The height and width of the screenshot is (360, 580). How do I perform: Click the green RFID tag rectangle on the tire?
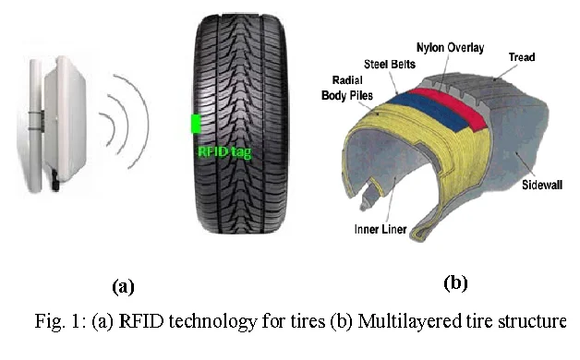pyautogui.click(x=196, y=124)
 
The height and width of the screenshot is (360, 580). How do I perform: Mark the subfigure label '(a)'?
pyautogui.click(x=122, y=286)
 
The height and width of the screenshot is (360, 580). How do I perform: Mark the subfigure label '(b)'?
pyautogui.click(x=454, y=282)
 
